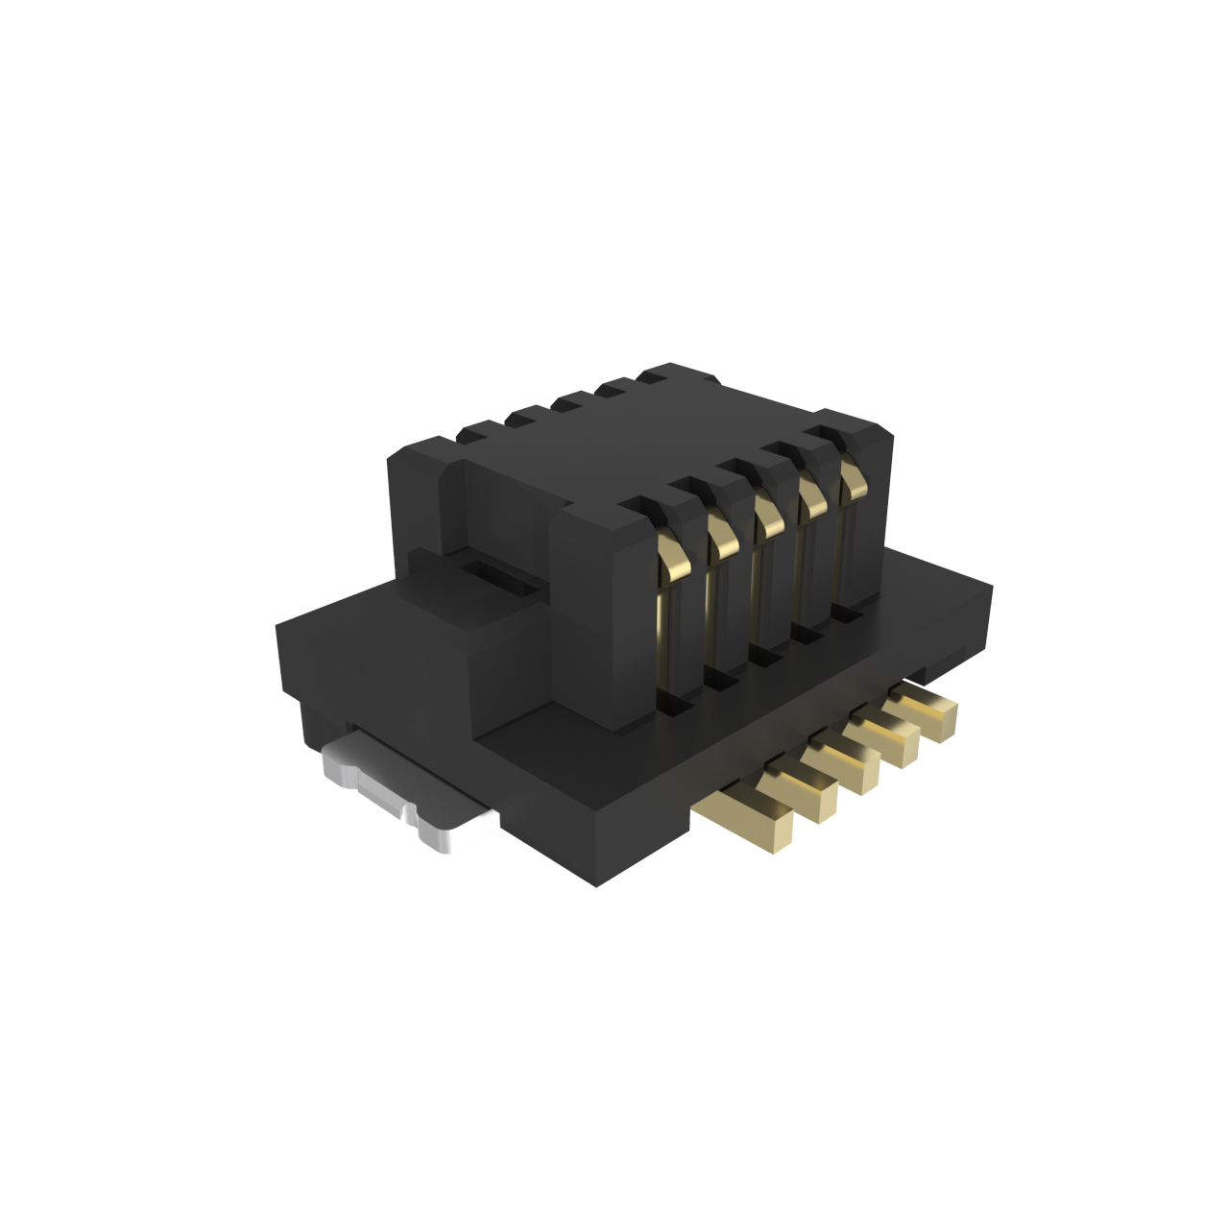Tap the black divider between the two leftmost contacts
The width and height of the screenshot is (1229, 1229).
tap(695, 614)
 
